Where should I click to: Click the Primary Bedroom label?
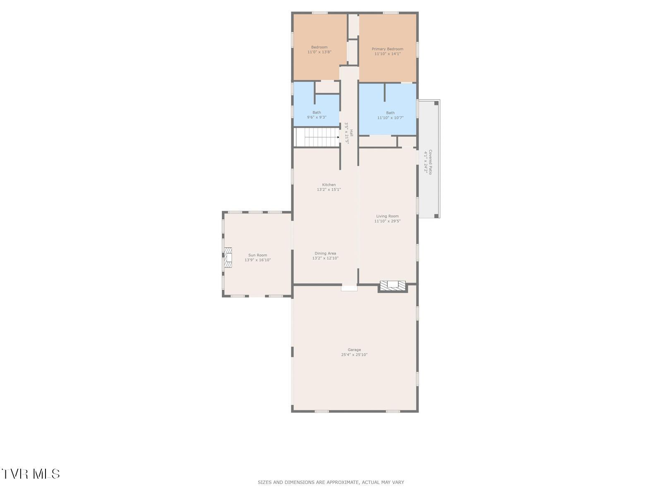[387, 49]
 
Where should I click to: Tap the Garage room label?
[354, 350]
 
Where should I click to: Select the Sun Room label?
[258, 255]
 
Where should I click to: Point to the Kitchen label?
[329, 185]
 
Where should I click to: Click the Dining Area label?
[325, 253]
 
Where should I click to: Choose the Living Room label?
[387, 216]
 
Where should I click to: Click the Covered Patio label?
[430, 162]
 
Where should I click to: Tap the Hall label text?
[351, 133]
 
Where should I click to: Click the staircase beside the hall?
[317, 137]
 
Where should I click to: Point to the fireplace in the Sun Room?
[228, 258]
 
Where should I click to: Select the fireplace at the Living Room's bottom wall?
[392, 286]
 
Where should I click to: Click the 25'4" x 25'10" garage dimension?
[354, 355]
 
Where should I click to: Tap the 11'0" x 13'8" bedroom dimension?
[319, 52]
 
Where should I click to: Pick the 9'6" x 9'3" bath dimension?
[317, 117]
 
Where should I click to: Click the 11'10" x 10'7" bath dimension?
[390, 117]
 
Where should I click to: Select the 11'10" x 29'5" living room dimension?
[387, 221]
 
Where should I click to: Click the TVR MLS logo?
[30, 474]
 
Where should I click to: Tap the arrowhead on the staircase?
[338, 137]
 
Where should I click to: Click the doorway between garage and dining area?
[349, 288]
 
